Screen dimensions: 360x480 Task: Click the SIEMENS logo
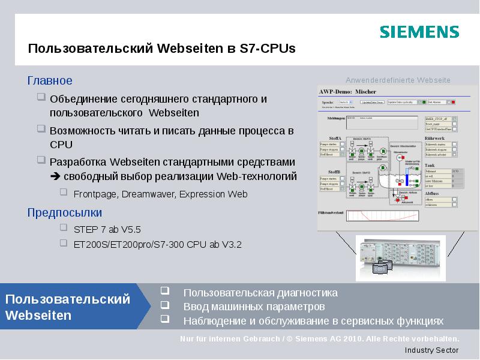[x=419, y=32]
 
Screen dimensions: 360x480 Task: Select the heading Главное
[x=50, y=80]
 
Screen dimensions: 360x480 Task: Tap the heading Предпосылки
[x=65, y=212]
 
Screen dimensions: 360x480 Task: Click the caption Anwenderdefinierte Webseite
[x=397, y=80]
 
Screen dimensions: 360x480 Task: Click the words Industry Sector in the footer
[x=431, y=350]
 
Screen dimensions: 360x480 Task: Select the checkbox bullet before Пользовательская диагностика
[x=164, y=292]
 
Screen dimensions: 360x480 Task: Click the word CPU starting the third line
[x=61, y=145]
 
